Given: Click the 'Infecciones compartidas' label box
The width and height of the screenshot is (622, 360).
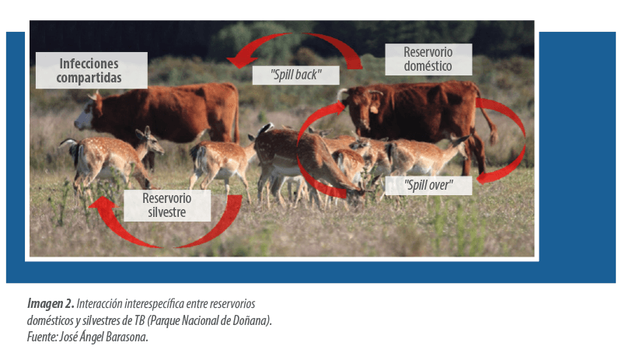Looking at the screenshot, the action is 92,70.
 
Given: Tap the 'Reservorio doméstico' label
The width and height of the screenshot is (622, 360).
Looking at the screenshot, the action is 428,59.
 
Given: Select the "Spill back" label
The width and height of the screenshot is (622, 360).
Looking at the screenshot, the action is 296,75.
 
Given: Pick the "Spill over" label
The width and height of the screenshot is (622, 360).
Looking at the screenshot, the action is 429,185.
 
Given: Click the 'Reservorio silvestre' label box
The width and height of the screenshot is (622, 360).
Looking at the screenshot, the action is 167,205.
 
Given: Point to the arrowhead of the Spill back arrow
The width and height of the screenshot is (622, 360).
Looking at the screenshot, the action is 240,61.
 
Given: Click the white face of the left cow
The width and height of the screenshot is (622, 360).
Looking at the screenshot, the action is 83,119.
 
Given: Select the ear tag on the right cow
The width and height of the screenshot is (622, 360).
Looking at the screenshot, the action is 374,109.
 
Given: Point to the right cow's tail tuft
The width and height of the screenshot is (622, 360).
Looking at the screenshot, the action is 494,137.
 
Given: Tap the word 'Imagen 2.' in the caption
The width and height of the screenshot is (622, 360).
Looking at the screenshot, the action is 51,304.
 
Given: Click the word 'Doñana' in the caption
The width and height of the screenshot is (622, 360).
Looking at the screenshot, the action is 255,320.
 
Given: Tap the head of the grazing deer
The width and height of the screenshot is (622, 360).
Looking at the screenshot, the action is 356,192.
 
